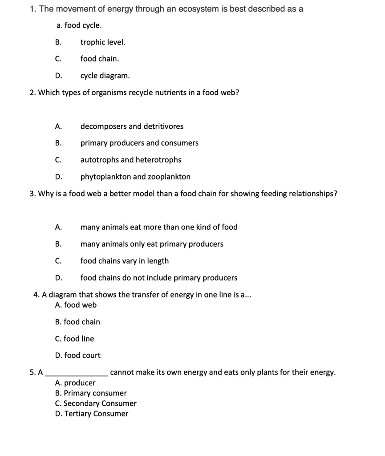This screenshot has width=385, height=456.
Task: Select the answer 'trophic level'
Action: click(103, 42)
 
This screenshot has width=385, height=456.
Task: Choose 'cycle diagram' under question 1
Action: click(105, 76)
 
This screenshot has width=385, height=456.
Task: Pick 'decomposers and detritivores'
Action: click(132, 126)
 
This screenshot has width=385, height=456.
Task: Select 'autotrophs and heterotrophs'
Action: click(131, 160)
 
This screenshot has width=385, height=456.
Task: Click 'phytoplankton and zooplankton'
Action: click(135, 177)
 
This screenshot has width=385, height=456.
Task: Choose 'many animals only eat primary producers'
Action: click(152, 244)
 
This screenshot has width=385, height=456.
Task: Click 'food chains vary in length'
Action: click(125, 261)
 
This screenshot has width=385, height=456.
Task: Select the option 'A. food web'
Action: click(76, 305)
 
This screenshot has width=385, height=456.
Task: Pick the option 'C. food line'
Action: click(75, 339)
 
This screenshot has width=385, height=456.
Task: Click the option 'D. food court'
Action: click(78, 355)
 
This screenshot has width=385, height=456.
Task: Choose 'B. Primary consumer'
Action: click(91, 393)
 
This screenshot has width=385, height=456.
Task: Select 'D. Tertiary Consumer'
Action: click(92, 414)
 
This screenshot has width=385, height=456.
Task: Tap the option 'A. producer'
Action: click(75, 383)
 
